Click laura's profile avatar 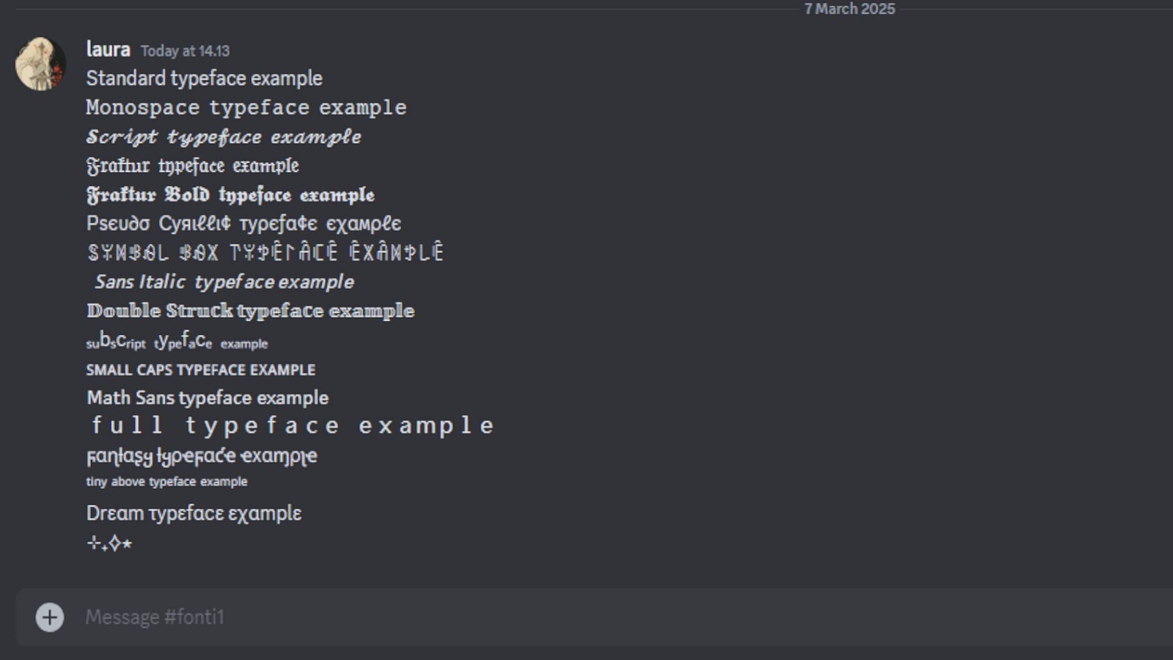40,64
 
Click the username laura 108,50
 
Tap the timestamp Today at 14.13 185,51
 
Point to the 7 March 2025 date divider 849,9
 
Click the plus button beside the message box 49,617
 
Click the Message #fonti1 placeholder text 155,617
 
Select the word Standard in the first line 126,78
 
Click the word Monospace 143,108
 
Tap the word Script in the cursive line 122,137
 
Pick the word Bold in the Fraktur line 187,195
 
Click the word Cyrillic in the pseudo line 195,224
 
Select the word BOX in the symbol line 199,252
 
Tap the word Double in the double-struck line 124,310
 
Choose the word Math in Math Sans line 109,398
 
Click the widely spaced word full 127,425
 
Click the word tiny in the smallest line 97,482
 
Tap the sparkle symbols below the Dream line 109,543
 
